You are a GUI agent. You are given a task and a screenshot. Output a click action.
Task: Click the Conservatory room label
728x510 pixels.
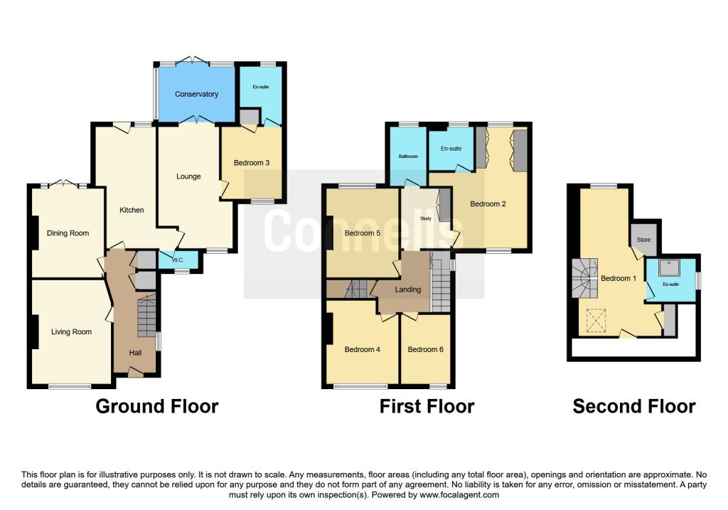pos(196,95)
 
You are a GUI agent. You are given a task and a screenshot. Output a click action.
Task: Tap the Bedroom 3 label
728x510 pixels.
pos(252,163)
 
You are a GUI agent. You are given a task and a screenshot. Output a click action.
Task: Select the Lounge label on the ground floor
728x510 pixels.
pos(188,176)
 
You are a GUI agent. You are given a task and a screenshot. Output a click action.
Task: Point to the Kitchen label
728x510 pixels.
pos(132,210)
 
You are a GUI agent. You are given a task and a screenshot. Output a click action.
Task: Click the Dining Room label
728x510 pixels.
pos(68,233)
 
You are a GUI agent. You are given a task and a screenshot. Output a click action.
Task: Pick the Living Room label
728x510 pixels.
pos(71,331)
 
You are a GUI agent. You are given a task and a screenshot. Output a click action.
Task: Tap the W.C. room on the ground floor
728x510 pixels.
pos(178,260)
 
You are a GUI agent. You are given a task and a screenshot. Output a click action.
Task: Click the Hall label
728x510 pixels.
pos(135,353)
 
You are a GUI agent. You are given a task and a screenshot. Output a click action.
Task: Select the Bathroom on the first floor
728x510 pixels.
pos(408,156)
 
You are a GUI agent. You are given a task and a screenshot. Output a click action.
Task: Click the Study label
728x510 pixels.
pos(426,218)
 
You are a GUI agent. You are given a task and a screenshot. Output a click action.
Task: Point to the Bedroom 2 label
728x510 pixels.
pos(488,204)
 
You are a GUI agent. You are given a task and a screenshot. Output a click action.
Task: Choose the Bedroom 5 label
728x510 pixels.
pos(362,233)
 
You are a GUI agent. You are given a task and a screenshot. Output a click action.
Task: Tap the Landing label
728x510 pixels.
pos(407,289)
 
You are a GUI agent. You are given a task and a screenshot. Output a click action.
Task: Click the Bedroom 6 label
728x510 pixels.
pos(425,349)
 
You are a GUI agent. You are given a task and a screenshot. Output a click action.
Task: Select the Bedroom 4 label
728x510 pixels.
pos(362,349)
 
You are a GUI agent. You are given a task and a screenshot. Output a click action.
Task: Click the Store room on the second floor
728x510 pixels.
pos(643,240)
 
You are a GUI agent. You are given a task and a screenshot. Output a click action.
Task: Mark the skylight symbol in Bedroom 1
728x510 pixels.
pos(596,321)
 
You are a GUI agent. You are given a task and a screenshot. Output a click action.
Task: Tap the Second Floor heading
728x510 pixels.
pos(634,406)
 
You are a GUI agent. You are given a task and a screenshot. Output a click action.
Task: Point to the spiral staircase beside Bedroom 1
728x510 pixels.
pos(584,277)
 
